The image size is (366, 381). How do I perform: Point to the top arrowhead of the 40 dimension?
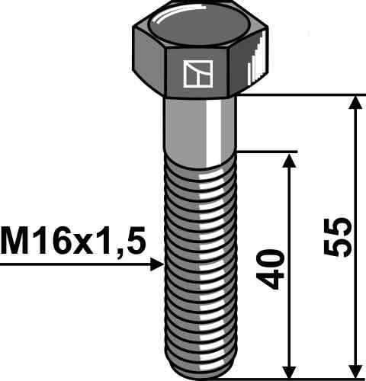290,159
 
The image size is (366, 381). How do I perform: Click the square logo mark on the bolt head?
194,73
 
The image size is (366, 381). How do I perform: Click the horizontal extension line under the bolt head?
305,95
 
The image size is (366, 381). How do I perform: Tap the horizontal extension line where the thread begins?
267,151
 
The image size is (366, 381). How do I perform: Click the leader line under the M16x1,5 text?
76,264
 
